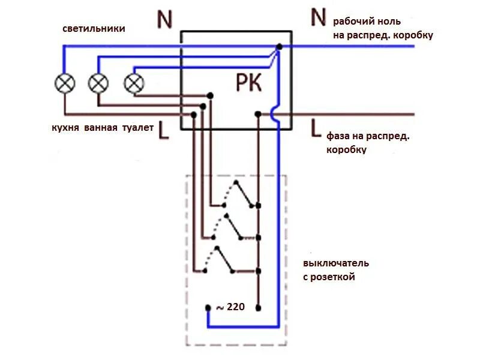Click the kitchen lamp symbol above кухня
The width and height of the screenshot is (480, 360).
click(64, 83)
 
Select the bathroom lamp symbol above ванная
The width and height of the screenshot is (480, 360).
click(98, 83)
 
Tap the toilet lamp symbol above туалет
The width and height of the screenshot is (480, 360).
click(133, 83)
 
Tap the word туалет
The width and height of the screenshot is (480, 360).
click(138, 128)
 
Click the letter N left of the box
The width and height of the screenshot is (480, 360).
click(164, 20)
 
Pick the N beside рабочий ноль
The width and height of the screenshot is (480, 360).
click(318, 18)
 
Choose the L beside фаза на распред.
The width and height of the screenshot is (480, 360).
click(316, 127)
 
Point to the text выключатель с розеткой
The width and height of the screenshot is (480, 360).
click(335, 270)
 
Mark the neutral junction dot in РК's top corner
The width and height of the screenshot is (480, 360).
click(278, 46)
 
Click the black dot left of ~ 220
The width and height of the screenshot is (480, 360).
click(208, 308)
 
